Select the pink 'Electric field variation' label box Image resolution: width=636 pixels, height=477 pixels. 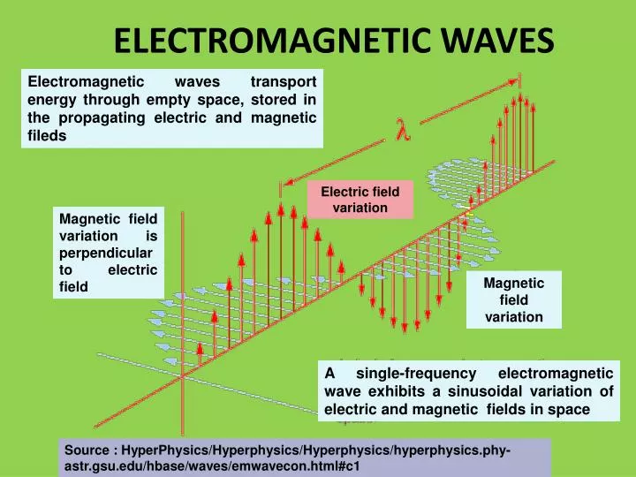(360, 199)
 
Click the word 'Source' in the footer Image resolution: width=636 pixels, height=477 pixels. (86, 450)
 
